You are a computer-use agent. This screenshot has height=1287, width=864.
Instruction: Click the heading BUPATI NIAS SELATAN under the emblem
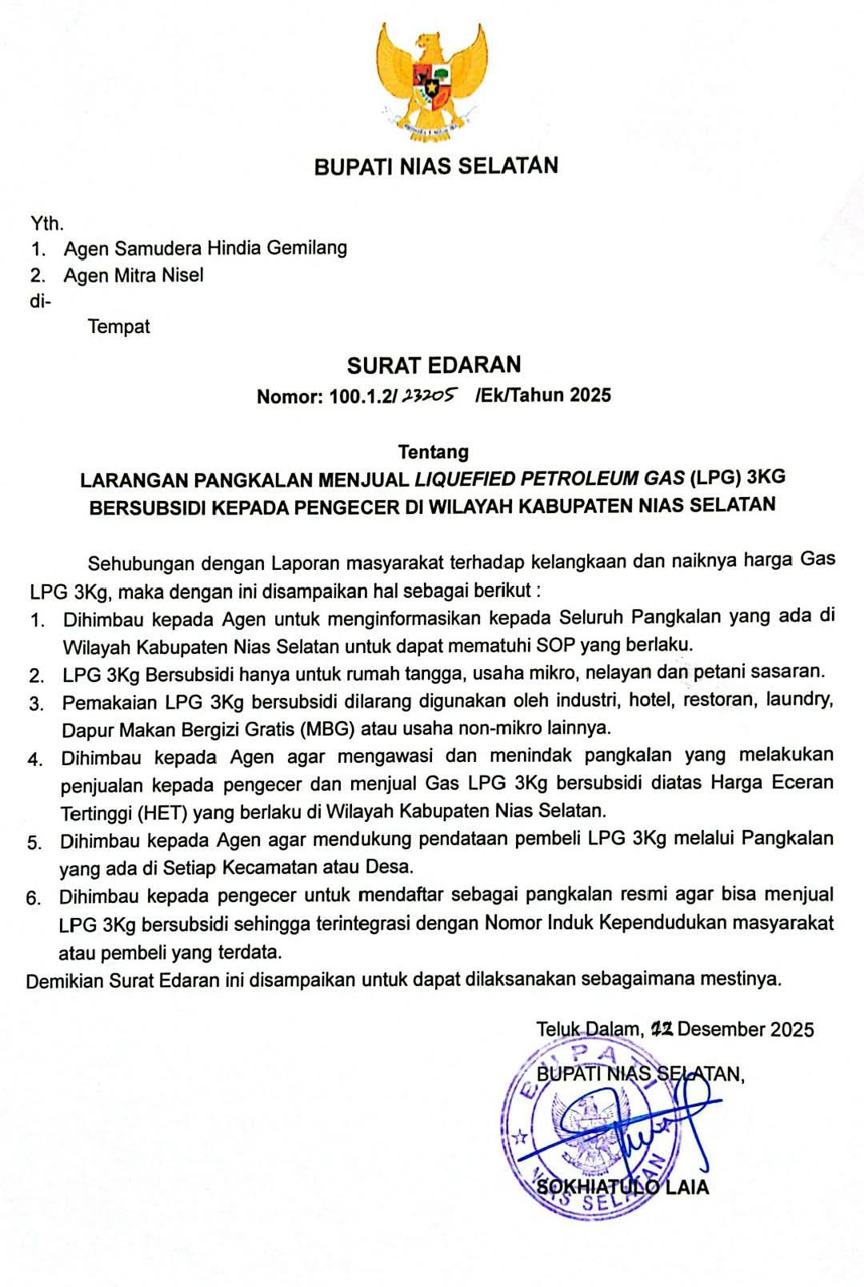436,166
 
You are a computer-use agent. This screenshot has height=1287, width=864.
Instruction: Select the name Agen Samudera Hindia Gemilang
206,248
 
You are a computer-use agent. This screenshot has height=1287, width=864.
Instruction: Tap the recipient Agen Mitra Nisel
134,275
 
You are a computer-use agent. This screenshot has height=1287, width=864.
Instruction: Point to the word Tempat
119,327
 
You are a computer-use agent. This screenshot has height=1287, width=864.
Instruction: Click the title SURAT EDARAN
434,366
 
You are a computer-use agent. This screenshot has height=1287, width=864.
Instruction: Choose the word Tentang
434,452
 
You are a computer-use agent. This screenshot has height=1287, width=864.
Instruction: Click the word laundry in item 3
799,700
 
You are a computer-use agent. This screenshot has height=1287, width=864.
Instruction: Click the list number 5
34,843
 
